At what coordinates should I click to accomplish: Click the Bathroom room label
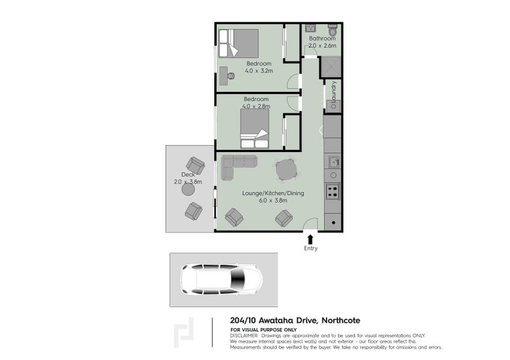coord(322,38)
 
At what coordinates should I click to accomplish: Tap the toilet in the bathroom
coord(332,29)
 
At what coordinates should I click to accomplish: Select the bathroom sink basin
coord(310,29)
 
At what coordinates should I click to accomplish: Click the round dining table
coord(285,169)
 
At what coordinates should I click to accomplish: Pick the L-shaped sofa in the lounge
coord(238,166)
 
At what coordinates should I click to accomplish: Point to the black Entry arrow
coord(310,238)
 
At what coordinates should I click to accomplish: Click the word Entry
coord(310,248)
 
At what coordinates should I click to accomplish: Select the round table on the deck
coord(188,189)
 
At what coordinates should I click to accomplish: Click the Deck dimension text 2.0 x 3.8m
coord(187,182)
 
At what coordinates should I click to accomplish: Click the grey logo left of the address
coord(184,331)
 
